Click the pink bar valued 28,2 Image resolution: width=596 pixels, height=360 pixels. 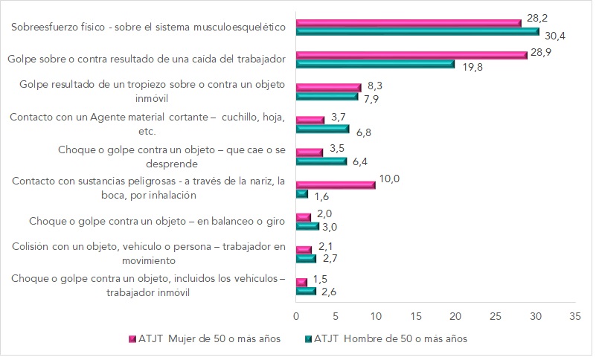pyautogui.click(x=408, y=23)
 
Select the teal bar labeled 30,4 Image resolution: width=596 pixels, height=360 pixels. pyautogui.click(x=417, y=32)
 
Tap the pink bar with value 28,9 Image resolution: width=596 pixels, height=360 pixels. pyautogui.click(x=411, y=55)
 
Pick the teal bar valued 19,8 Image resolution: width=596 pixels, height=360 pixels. pyautogui.click(x=374, y=64)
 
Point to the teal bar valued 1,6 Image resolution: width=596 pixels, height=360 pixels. pyautogui.click(x=301, y=193)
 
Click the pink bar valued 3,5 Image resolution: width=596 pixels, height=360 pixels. pyautogui.click(x=309, y=152)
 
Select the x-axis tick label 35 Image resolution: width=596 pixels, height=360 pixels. pyautogui.click(x=574, y=315)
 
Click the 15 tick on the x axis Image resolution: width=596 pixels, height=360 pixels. pyautogui.click(x=415, y=315)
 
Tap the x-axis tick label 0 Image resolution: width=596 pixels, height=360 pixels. pyautogui.click(x=296, y=315)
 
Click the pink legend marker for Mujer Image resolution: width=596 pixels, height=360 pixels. pyautogui.click(x=132, y=339)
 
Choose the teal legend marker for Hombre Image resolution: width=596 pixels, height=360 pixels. pyautogui.click(x=308, y=339)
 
